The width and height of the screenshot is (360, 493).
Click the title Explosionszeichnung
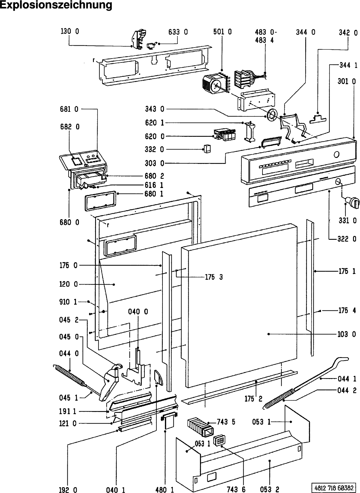click(56, 5)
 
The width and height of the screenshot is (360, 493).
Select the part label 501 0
click(222, 32)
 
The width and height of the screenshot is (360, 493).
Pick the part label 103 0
click(347, 334)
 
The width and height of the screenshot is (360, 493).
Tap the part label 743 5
click(226, 422)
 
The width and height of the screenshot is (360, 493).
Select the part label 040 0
click(138, 312)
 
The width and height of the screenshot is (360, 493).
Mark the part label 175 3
click(214, 277)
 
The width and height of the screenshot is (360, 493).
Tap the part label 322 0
click(347, 239)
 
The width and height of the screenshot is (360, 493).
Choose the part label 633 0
click(178, 32)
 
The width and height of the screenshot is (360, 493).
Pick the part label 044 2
click(347, 390)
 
